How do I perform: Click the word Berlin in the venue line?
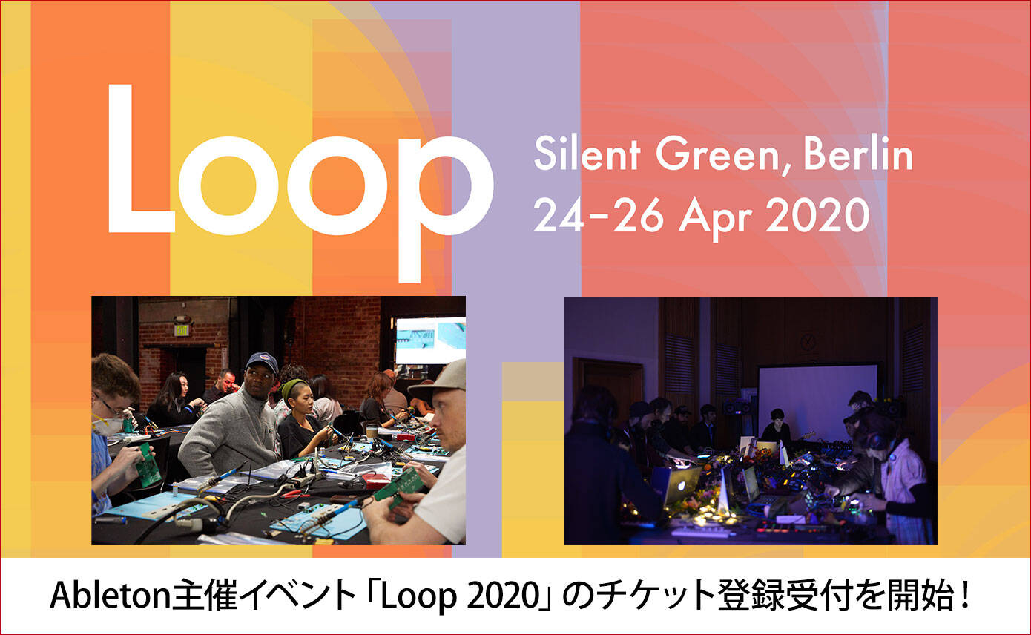coord(858,154)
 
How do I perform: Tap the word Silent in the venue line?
coord(587,154)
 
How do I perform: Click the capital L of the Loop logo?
coord(142,159)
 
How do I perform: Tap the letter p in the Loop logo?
coord(446,209)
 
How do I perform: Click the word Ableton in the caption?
coord(110,596)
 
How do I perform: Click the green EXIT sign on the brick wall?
coord(181,329)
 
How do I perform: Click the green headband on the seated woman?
coord(293,387)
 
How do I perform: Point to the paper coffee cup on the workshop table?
coord(372,432)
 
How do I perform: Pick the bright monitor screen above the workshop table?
coord(430,340)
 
